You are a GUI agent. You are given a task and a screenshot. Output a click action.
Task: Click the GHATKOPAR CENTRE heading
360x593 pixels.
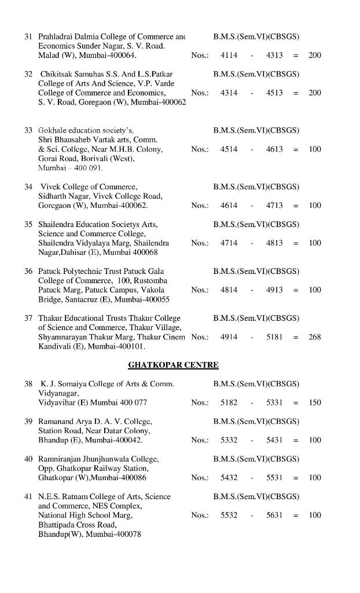(x=173, y=365)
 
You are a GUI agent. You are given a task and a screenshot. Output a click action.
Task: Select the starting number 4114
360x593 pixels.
(x=229, y=55)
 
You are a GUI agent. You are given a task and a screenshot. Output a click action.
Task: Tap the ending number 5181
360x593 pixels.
(x=274, y=336)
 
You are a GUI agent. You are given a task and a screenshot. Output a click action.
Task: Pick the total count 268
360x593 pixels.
(x=315, y=336)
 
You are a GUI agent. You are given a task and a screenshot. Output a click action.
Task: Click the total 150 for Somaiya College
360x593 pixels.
(x=315, y=402)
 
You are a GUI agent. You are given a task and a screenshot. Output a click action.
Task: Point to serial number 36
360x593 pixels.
(x=28, y=271)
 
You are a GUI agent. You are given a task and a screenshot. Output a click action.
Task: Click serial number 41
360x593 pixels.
(x=28, y=496)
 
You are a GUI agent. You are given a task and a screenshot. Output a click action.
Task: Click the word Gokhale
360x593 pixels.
(x=52, y=130)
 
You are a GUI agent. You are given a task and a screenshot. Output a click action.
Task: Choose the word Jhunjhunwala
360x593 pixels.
(x=114, y=459)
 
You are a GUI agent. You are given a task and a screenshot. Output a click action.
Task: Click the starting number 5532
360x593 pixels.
(x=229, y=515)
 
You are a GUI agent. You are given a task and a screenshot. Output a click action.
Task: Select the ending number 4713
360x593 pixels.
(x=274, y=206)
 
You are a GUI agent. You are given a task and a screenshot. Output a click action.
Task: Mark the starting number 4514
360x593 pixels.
(x=229, y=149)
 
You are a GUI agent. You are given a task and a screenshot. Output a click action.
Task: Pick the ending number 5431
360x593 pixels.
(x=274, y=440)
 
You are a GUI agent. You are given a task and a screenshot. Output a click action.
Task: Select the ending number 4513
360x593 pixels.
(x=274, y=93)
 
